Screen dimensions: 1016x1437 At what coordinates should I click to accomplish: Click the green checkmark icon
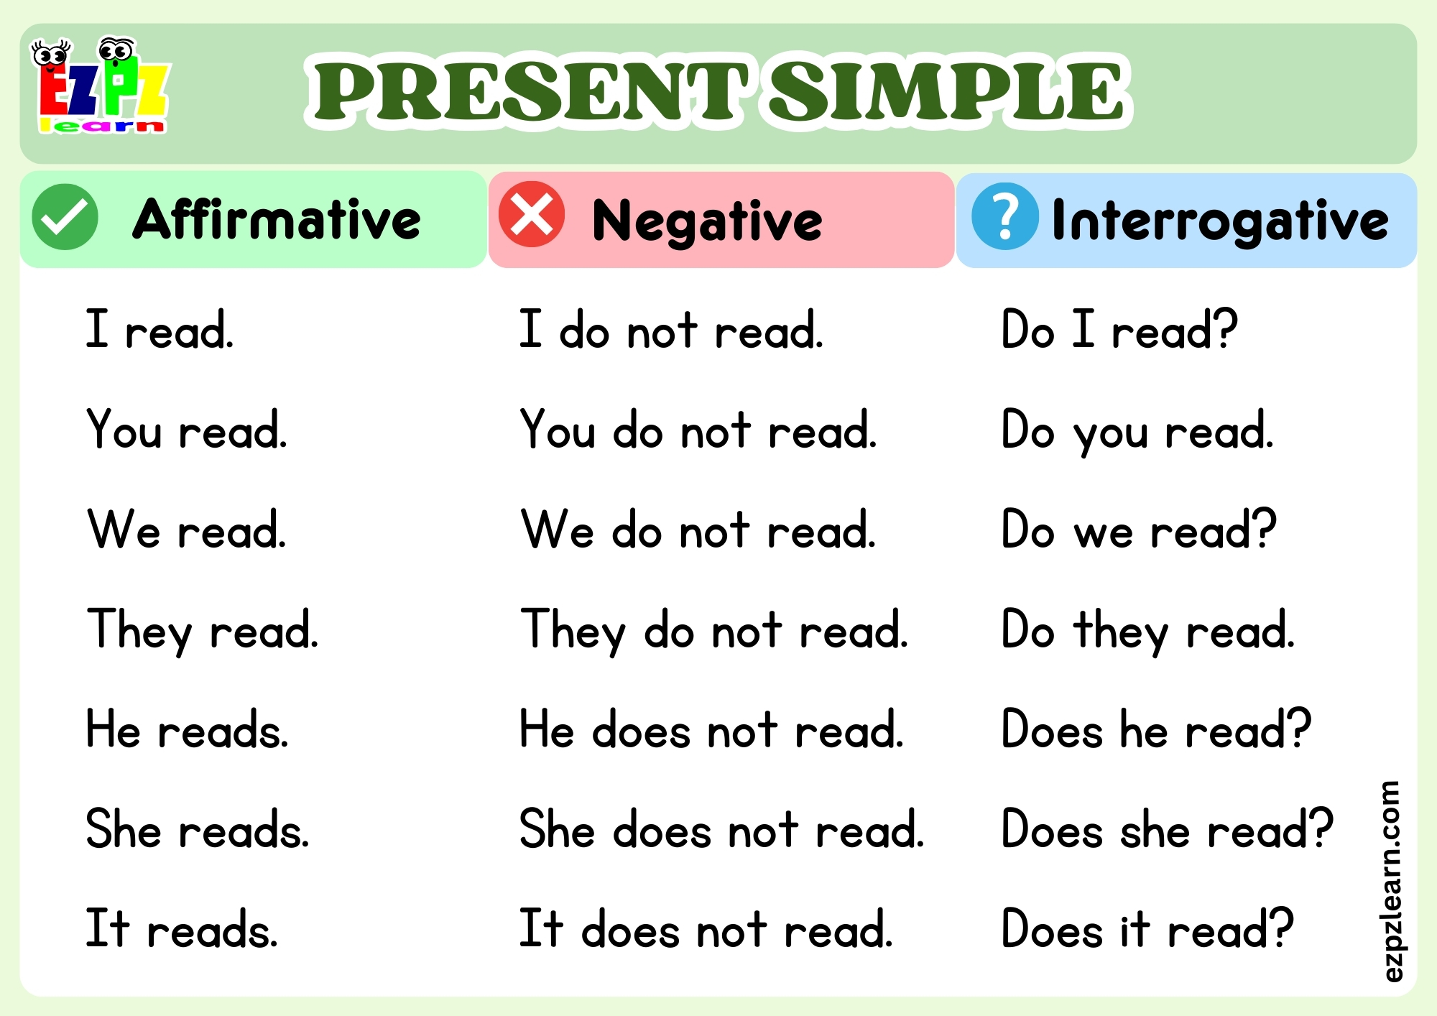click(x=65, y=217)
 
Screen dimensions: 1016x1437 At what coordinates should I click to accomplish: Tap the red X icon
click(x=532, y=215)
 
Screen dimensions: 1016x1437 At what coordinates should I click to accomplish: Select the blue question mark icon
click(x=1004, y=216)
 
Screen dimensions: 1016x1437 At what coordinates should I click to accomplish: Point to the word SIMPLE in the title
click(x=946, y=91)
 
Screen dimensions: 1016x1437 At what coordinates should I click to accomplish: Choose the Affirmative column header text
click(x=277, y=219)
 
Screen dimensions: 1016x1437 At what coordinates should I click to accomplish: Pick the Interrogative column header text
click(x=1220, y=220)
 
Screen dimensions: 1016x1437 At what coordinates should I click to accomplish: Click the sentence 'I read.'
click(x=160, y=331)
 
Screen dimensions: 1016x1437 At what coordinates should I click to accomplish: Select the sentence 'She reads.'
click(x=198, y=830)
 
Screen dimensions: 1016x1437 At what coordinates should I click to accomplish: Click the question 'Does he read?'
click(x=1156, y=730)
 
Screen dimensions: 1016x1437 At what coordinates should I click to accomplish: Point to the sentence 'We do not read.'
click(x=698, y=530)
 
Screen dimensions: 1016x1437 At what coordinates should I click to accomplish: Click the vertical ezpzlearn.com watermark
click(x=1391, y=881)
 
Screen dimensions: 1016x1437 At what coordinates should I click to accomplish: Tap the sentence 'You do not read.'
click(x=698, y=430)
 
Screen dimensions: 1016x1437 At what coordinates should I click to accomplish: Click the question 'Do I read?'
click(x=1119, y=331)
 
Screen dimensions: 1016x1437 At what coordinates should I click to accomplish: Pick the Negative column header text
click(x=707, y=221)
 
